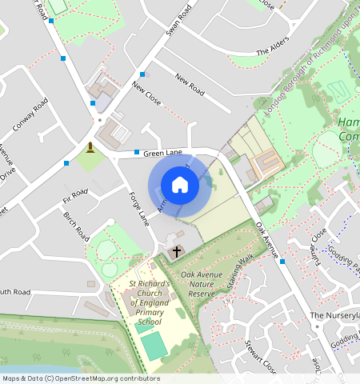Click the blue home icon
tap(180, 185)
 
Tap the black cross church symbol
tap(176, 252)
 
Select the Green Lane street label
tap(162, 152)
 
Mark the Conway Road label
tap(31, 115)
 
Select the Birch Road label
tap(76, 222)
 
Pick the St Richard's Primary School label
tap(150, 302)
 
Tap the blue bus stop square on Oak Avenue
tap(282, 262)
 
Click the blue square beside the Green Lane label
tap(137, 152)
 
